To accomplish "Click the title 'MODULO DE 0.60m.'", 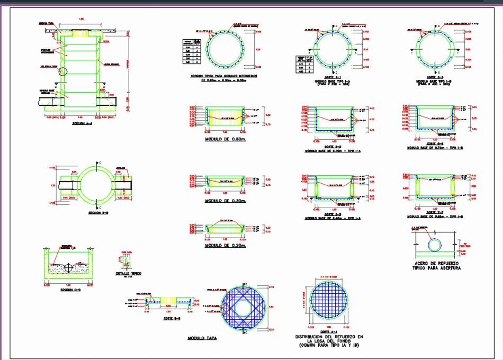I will coord(224,140).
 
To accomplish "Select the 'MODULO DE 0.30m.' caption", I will coord(225,201).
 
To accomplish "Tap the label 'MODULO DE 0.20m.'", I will coord(225,245).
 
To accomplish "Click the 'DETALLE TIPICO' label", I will coord(128,274).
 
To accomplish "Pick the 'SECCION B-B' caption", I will coord(98,213).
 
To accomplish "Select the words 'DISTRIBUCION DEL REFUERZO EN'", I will coord(330,337).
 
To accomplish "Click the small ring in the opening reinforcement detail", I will coord(435,244).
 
